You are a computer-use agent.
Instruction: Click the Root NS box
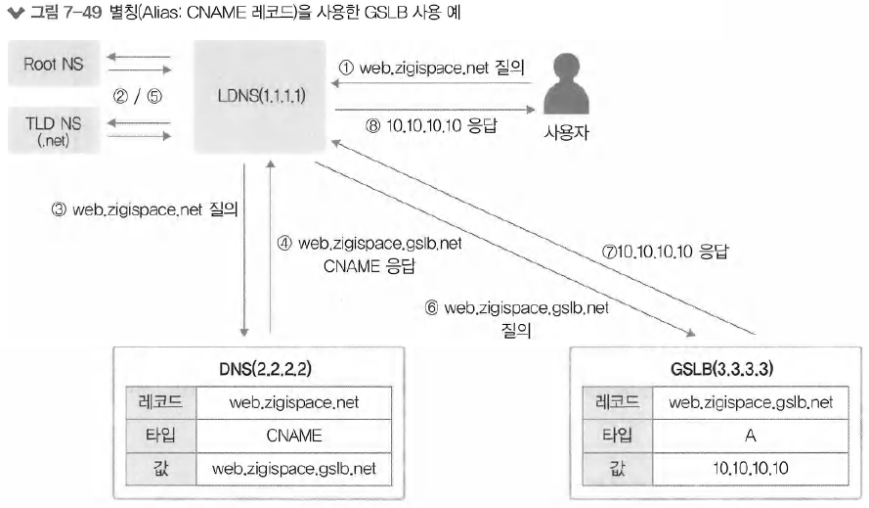click(54, 67)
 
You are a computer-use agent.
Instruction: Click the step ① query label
click(431, 68)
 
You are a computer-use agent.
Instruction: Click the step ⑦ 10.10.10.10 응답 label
click(665, 252)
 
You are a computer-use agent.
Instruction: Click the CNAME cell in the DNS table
click(293, 435)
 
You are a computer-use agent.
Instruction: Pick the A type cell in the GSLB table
click(751, 435)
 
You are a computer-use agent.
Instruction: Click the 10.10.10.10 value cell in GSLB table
click(751, 468)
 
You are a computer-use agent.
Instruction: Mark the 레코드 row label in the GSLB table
click(617, 401)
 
